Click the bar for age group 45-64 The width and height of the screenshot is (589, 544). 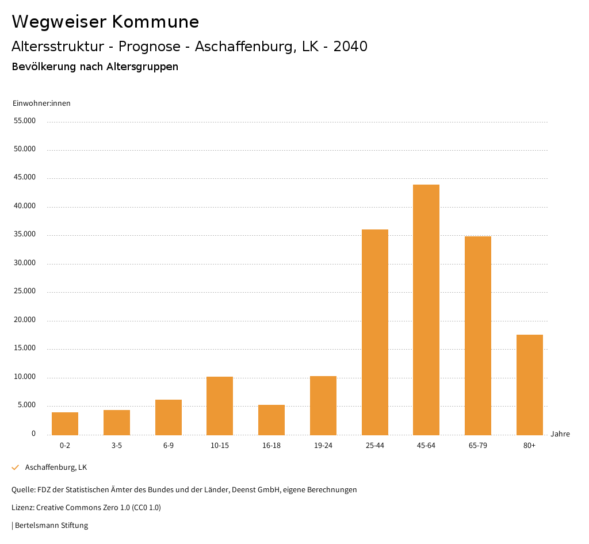click(426, 310)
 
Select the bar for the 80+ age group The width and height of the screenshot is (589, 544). click(530, 385)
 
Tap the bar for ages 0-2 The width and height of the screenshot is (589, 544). click(65, 424)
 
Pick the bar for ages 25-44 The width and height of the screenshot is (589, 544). click(375, 332)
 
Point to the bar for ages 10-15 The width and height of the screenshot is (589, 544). click(220, 406)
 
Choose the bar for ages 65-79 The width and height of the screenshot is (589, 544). click(478, 336)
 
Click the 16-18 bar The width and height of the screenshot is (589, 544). click(271, 420)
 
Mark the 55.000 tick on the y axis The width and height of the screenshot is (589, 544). click(25, 121)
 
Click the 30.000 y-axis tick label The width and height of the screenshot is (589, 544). click(25, 263)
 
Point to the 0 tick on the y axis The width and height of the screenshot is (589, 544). click(33, 434)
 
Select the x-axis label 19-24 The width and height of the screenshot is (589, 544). click(323, 446)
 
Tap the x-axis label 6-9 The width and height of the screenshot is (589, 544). click(169, 446)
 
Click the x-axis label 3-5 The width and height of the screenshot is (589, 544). click(117, 446)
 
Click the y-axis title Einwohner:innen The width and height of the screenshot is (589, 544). click(41, 104)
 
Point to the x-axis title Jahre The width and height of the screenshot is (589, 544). click(560, 434)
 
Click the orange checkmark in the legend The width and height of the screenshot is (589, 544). click(16, 468)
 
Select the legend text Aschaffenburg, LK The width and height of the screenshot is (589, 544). click(56, 468)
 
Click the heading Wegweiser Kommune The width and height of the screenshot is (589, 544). click(105, 22)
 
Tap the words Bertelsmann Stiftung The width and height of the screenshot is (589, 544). click(51, 525)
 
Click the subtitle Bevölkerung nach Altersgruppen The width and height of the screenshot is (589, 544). click(95, 67)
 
